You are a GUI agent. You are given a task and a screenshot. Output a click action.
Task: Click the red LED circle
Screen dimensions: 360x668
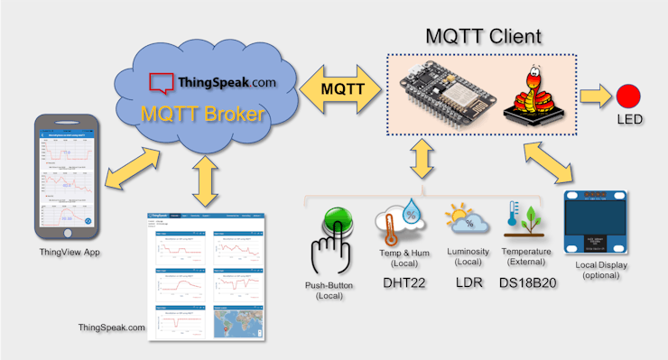628,94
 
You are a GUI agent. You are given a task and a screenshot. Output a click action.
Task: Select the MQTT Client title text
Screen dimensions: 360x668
484,37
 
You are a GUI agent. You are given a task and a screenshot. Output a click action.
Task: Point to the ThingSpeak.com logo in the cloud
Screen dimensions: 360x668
213,82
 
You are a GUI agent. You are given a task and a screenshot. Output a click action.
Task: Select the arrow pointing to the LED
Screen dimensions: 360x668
593,93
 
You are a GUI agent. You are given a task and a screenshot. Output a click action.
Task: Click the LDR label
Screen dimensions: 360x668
466,282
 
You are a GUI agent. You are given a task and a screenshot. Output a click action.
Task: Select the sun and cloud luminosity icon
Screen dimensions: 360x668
467,219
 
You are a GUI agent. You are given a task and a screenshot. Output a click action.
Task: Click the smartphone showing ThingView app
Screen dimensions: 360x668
64,176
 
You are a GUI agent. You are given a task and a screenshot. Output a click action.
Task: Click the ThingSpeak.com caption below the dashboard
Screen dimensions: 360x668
112,327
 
